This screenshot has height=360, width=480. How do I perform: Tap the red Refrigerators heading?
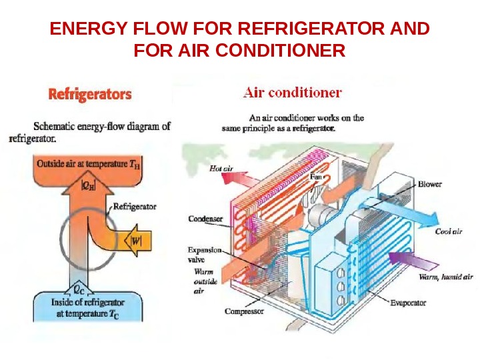(x=90, y=95)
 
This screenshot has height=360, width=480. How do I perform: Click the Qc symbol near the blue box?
(x=78, y=289)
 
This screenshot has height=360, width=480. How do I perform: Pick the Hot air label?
(x=221, y=169)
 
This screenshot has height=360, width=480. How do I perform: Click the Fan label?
(x=317, y=177)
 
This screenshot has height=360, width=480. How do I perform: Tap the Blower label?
(x=429, y=184)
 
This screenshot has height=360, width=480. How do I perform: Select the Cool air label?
(x=448, y=231)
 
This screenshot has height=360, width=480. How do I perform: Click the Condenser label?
(x=205, y=218)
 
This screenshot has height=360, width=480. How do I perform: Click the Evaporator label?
(x=408, y=303)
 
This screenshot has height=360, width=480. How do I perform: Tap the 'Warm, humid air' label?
(x=445, y=276)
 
